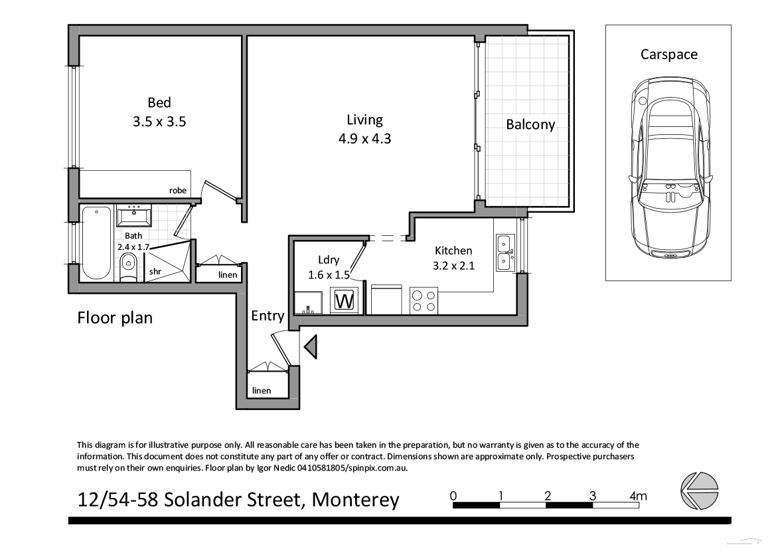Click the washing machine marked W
(345, 300)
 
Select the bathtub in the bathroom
(97, 243)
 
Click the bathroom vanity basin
(135, 216)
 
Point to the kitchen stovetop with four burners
(424, 301)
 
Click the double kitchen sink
(503, 253)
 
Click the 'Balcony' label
(530, 124)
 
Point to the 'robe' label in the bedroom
(177, 190)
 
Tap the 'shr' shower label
(155, 271)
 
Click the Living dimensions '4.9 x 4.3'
(364, 139)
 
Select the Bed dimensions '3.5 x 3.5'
(159, 122)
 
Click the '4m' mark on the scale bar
(639, 495)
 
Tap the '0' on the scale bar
(453, 495)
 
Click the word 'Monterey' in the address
(356, 499)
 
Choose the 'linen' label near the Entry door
(262, 390)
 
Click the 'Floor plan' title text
(115, 318)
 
